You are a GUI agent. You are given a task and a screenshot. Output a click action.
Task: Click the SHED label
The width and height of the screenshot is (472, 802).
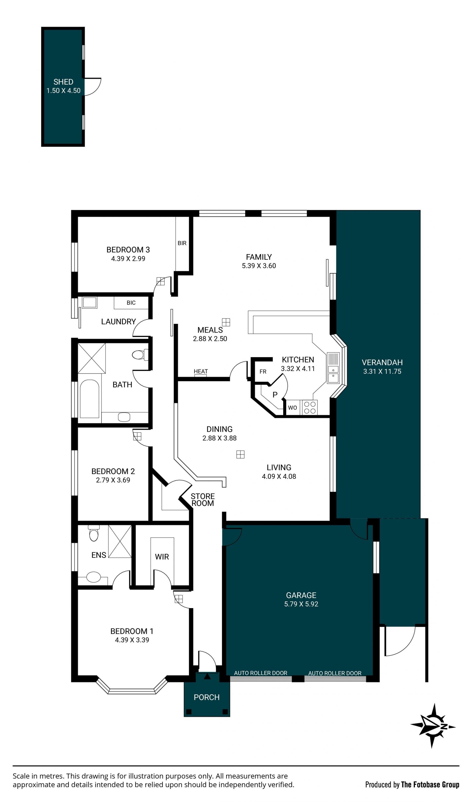point(63,82)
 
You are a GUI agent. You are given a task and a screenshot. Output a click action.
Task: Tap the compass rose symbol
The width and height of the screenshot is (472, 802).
point(433,726)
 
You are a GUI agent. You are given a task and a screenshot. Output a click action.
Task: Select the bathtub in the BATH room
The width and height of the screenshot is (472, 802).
point(89,399)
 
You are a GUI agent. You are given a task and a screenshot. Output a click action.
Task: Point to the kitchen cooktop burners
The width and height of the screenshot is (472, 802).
point(310,408)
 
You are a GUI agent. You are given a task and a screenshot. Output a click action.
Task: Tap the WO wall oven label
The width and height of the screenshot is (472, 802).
point(292,408)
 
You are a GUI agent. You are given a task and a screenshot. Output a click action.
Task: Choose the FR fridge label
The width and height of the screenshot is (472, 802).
point(263,371)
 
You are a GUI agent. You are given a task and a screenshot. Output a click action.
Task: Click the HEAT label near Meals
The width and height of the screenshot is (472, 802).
point(201,371)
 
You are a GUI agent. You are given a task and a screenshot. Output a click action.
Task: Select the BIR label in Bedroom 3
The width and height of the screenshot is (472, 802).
point(182,243)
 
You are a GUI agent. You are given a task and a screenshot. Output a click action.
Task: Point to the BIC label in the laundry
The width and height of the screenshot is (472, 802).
point(131,303)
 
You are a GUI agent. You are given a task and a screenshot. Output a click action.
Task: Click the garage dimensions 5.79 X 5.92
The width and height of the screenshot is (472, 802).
point(301,604)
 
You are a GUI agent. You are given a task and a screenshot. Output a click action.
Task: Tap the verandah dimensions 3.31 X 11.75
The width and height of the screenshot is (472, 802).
point(382,371)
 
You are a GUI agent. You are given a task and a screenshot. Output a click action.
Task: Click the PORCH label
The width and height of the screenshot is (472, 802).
point(207,697)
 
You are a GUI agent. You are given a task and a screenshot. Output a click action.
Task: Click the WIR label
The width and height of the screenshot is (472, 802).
point(162,557)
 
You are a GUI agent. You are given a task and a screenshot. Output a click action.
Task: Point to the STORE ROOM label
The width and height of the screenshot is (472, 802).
point(203,500)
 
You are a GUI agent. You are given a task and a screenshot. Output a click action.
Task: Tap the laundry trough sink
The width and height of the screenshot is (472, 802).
point(89,302)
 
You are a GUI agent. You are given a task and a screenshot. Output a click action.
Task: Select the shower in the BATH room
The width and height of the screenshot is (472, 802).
point(92,358)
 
